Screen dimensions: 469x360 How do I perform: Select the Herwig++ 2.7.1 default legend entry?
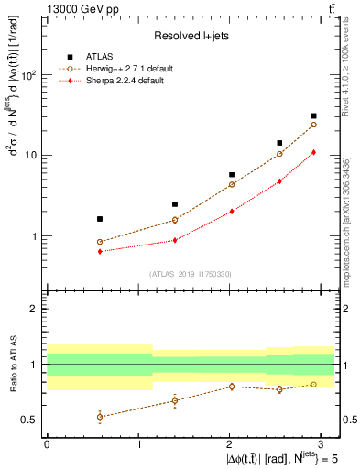coord(125,69)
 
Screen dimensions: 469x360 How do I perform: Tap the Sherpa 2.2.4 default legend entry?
coord(121,81)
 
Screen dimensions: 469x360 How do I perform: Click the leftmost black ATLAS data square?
coord(73,219)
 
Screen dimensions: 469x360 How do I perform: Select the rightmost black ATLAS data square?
coord(313,116)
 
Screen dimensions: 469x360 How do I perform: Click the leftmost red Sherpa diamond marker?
coord(73,251)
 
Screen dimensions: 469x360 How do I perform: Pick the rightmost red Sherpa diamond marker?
coord(313,152)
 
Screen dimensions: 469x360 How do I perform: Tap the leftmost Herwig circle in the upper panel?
coord(73,242)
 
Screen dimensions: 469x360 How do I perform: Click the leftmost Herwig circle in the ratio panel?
coord(73,417)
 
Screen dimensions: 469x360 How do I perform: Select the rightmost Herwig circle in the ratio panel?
coord(313,384)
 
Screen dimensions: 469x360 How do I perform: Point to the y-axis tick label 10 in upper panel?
coord(32,155)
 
